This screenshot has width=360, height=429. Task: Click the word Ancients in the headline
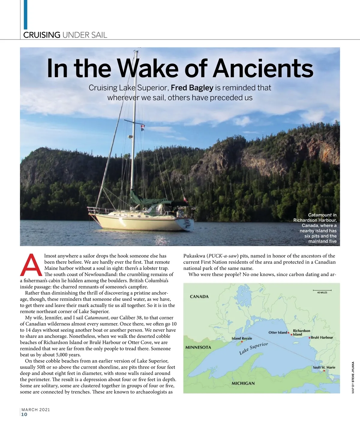[x=263, y=68]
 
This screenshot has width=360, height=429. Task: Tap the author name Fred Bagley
[x=192, y=88]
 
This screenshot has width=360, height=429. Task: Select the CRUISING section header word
[x=42, y=35]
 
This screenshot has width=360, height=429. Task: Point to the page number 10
[x=24, y=415]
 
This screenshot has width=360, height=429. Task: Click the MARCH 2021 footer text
[x=36, y=409]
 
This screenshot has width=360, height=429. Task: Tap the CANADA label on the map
[x=199, y=297]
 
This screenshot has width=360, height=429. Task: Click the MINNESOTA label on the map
[x=198, y=347]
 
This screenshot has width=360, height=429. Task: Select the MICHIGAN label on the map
[x=243, y=383]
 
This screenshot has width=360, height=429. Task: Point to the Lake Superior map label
[x=253, y=349]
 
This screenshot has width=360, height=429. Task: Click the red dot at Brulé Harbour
[x=309, y=338]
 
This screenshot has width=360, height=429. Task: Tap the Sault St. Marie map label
[x=324, y=367]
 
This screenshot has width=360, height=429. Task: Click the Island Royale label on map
[x=242, y=338]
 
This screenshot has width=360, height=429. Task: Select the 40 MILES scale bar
[x=322, y=290]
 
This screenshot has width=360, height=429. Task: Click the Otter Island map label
[x=278, y=332]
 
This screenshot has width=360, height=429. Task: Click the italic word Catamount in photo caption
[x=319, y=215]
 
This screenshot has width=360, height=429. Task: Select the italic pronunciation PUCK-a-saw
[x=223, y=256]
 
